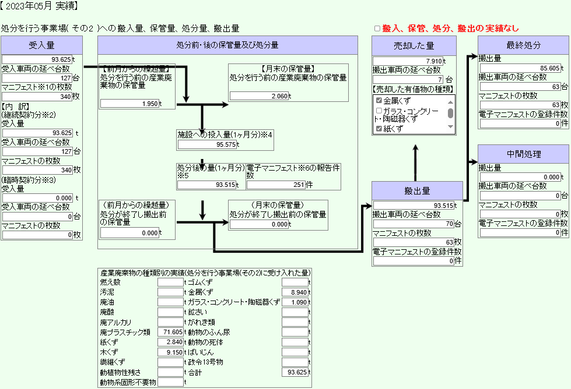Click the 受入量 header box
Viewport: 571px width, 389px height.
[x=41, y=45]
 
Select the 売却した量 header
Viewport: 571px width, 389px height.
[x=414, y=46]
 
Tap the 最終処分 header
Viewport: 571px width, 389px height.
[x=523, y=45]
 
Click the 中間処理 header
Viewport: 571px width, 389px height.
[x=523, y=154]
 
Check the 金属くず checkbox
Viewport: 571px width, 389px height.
[x=379, y=100]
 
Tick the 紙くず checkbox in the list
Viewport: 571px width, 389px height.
[x=379, y=128]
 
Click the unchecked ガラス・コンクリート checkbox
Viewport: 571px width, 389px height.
[x=379, y=111]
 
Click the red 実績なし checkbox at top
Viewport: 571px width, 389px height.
[x=377, y=29]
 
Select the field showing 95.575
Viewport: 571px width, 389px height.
[x=208, y=144]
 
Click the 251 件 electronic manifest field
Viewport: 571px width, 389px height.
[x=276, y=185]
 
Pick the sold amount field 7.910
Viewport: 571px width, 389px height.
[x=408, y=61]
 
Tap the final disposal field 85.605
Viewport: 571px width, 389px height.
[x=520, y=68]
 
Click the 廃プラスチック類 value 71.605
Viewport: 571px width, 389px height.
[x=170, y=332]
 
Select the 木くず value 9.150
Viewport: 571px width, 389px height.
[x=170, y=352]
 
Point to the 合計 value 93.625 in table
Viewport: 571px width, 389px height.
[x=295, y=372]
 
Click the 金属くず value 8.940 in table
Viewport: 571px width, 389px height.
[x=295, y=292]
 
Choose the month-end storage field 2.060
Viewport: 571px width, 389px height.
[x=260, y=96]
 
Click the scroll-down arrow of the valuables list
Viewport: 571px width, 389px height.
[x=450, y=126]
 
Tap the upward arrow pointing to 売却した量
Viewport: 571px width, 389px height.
[x=415, y=163]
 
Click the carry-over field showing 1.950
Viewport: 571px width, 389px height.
[x=129, y=104]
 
